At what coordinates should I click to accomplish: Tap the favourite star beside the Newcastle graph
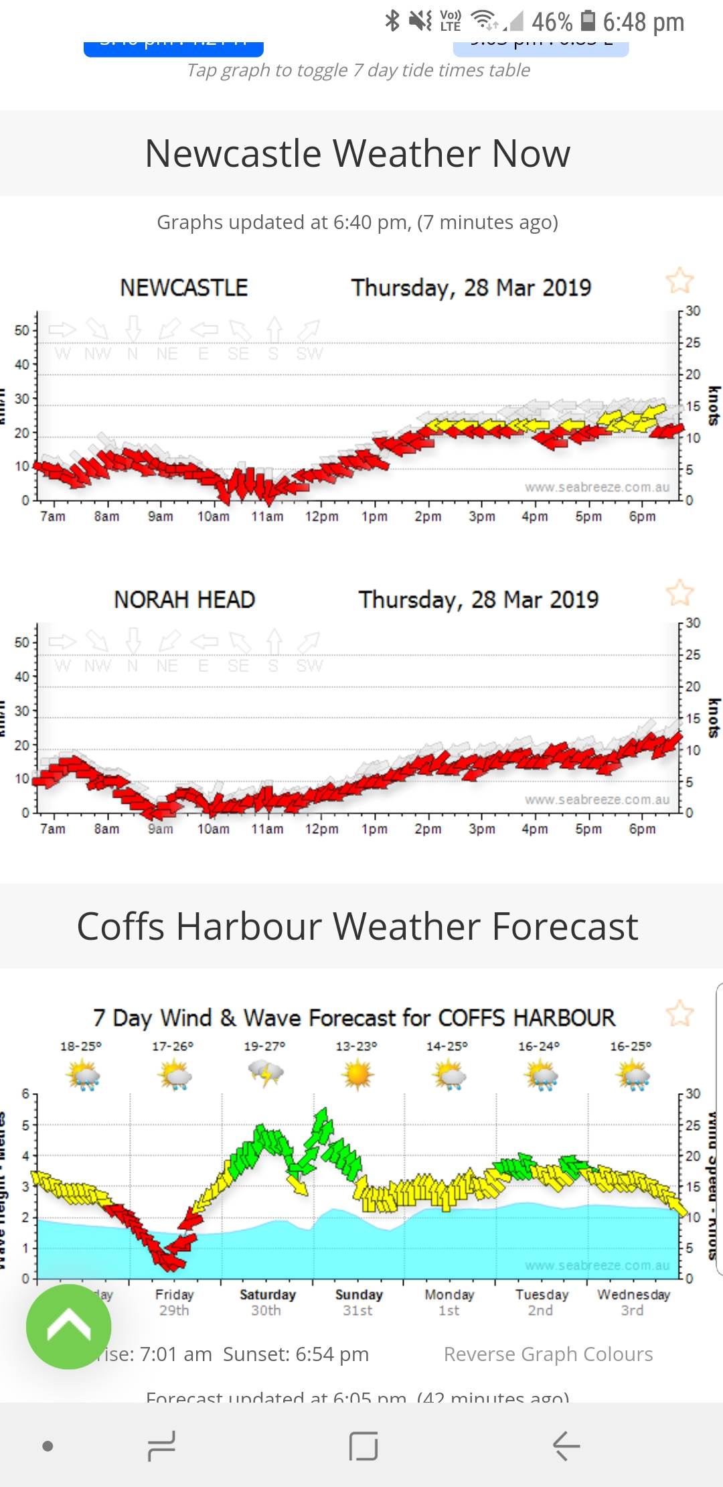click(x=679, y=281)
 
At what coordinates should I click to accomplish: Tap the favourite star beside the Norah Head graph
click(x=679, y=593)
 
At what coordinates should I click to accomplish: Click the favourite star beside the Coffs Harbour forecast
click(x=679, y=1013)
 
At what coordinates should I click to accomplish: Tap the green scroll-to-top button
click(x=68, y=1326)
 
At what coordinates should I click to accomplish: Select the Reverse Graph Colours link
click(x=548, y=1354)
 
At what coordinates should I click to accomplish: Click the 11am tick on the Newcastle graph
click(x=267, y=516)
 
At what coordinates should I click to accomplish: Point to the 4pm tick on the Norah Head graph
click(x=535, y=829)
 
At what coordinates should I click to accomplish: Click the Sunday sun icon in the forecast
click(x=357, y=1074)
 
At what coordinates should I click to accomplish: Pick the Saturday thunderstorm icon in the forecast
click(x=266, y=1074)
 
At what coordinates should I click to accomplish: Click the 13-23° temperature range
click(x=356, y=1046)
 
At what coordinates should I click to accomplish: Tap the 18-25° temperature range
click(x=80, y=1046)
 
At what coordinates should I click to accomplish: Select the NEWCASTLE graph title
click(x=184, y=288)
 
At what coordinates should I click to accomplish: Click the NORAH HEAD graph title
click(x=185, y=599)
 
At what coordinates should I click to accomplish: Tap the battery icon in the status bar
click(x=588, y=21)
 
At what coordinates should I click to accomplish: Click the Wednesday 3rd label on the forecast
click(x=633, y=1302)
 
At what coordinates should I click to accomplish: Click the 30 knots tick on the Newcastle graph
click(x=693, y=311)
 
